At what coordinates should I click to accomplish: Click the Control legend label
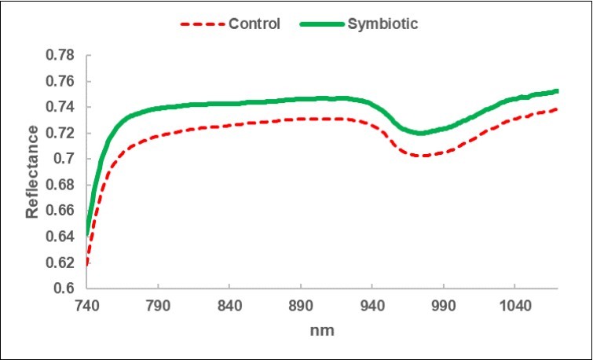point(254,24)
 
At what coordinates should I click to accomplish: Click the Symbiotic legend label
point(384,24)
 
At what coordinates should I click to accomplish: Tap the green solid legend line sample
point(322,24)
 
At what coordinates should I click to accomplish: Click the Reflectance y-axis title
point(31,171)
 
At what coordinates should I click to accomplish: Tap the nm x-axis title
point(322,331)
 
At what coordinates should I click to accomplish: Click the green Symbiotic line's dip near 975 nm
point(423,133)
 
